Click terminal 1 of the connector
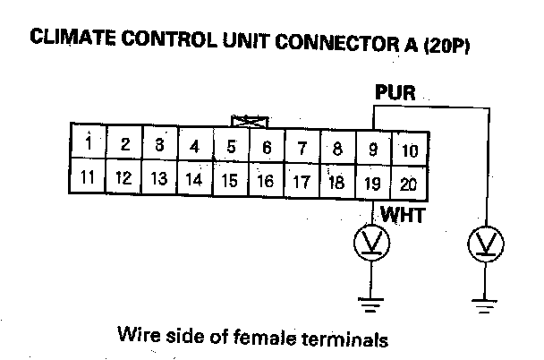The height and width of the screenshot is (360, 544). coord(89,144)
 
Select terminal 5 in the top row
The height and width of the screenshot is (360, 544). coord(231,146)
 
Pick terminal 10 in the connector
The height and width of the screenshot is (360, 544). coord(409,150)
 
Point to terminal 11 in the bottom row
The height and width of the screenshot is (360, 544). coord(88,176)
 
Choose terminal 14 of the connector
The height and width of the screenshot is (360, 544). coord(193,179)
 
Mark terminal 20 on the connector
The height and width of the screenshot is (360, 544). coord(409,184)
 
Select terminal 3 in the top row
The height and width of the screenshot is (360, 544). coord(159,144)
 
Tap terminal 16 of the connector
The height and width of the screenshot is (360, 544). coord(265,180)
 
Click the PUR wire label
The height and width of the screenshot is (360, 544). coord(395,90)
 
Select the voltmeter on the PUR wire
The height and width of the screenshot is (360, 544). coord(487,242)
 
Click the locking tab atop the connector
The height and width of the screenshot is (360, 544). coord(248,119)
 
